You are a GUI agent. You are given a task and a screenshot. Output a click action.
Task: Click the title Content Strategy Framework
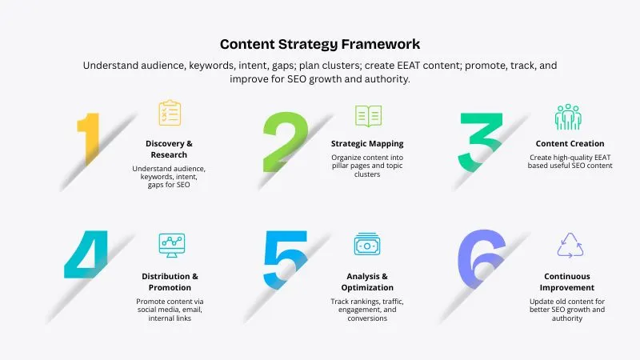tap(320, 44)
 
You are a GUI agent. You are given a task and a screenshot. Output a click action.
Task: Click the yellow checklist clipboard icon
tap(169, 114)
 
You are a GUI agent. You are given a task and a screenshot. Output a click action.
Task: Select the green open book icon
tap(368, 116)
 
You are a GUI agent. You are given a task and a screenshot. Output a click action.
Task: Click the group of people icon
tap(568, 117)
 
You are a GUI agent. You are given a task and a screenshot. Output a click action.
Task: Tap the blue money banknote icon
tap(368, 244)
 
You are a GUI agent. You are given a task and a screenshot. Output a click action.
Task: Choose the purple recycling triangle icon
tap(570, 244)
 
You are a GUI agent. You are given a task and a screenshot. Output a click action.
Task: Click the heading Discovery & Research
tap(169, 149)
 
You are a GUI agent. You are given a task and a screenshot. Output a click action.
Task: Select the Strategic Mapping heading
tap(367, 144)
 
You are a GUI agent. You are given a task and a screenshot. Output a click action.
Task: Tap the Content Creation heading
tap(570, 144)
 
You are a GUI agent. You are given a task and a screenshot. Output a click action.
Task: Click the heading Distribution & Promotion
tap(169, 282)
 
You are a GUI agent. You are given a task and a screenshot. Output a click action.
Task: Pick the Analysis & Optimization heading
tap(368, 282)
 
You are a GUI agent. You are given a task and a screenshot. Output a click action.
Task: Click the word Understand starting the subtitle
tap(114, 66)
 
